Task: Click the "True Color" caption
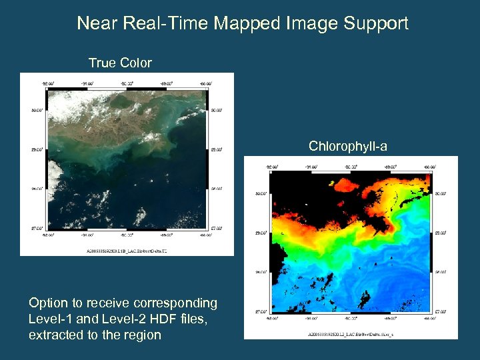pyautogui.click(x=120, y=63)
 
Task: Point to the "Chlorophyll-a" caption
pyautogui.click(x=347, y=146)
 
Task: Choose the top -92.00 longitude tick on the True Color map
pyautogui.click(x=47, y=83)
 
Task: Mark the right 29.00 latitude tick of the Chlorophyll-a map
pyautogui.click(x=441, y=233)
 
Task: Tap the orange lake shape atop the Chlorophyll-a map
pyautogui.click(x=331, y=182)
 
